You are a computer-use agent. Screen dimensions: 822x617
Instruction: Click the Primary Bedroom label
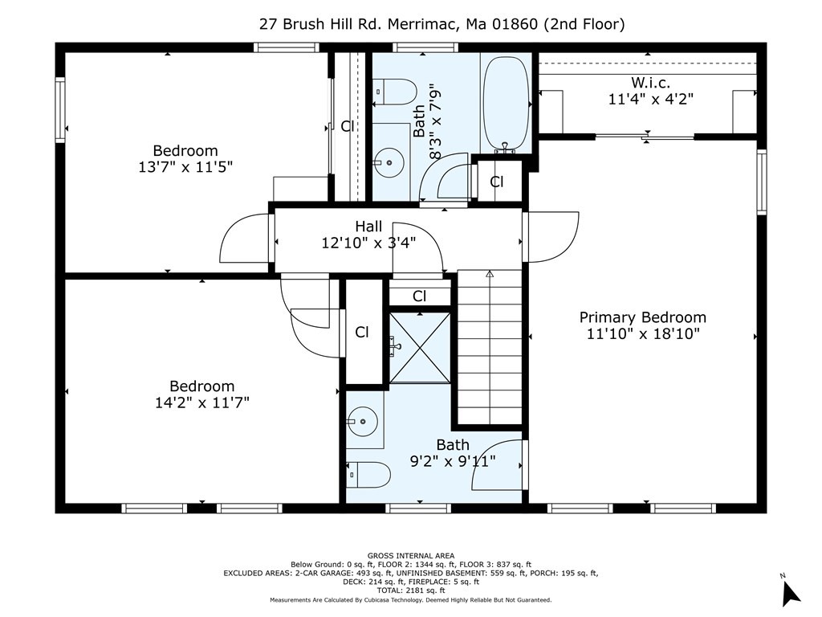[643, 317]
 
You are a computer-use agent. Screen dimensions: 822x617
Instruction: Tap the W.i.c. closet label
[650, 83]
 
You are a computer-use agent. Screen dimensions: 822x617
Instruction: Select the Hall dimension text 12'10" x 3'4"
[368, 243]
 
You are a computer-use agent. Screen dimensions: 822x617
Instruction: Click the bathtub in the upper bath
[506, 104]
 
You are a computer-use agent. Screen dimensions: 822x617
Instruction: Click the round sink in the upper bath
[389, 162]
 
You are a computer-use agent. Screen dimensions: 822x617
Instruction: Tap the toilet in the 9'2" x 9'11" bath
[368, 475]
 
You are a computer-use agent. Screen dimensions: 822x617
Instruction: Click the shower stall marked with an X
[420, 348]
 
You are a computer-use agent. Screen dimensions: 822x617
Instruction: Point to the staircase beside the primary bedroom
[490, 347]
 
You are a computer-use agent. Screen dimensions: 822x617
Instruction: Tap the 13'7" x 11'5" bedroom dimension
[185, 167]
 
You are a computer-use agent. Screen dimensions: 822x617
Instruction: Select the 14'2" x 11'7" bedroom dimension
[201, 403]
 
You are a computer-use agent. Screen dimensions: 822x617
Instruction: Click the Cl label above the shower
[419, 296]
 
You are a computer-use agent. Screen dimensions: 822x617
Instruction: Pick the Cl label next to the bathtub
[496, 182]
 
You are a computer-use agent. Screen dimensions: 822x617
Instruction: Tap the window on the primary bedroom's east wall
[762, 182]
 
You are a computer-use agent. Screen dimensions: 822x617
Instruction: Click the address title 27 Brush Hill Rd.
[320, 24]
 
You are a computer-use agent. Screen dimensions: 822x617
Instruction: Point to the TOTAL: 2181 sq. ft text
[410, 590]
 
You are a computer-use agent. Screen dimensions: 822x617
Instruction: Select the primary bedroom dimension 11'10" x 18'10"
[643, 333]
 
